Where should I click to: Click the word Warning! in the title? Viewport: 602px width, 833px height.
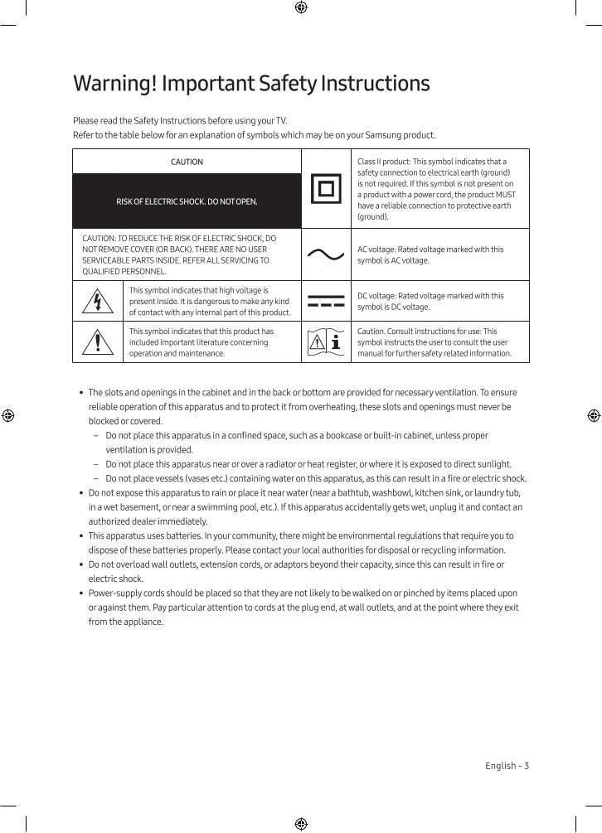114,84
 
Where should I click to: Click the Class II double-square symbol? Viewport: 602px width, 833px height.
325,189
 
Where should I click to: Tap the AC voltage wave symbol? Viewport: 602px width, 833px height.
325,254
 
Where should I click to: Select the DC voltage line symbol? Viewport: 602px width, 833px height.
325,301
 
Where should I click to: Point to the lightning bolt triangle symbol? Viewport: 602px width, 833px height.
98,302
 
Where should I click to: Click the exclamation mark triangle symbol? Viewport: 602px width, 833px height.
98,342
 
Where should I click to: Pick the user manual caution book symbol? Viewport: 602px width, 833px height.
325,341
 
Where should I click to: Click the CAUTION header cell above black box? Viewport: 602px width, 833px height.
187,162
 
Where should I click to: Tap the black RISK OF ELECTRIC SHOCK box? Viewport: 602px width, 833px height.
187,201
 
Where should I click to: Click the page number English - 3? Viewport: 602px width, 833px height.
507,766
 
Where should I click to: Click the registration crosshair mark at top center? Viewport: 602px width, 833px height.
301,7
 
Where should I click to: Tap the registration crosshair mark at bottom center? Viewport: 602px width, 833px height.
301,824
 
